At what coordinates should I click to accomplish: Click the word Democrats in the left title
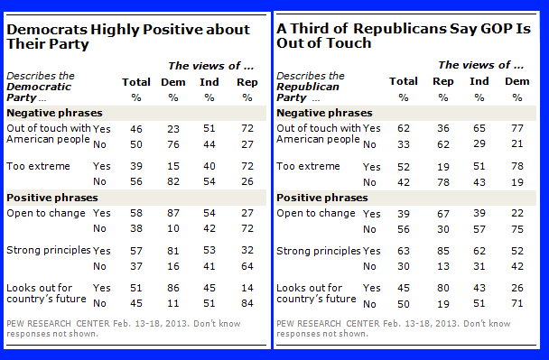(x=47, y=30)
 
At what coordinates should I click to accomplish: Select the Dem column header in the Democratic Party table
(x=173, y=82)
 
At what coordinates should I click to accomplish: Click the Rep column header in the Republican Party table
(x=443, y=82)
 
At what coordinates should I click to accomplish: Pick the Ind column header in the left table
(x=209, y=82)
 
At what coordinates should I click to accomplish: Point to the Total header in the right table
(x=404, y=81)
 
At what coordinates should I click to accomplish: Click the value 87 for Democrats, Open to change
(x=173, y=213)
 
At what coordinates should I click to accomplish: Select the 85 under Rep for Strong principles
(x=443, y=251)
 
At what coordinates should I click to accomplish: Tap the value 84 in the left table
(x=247, y=303)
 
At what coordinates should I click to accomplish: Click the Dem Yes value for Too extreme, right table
(x=516, y=166)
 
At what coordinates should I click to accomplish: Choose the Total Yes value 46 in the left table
(x=136, y=129)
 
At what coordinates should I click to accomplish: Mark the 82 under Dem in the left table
(x=173, y=181)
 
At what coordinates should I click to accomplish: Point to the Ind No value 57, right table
(x=479, y=229)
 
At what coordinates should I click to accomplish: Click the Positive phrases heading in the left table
(x=52, y=198)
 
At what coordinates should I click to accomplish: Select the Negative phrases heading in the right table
(x=324, y=113)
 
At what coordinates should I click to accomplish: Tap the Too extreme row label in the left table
(x=38, y=166)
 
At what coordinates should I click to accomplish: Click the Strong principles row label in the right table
(x=318, y=251)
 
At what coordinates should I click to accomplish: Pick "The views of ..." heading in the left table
(x=210, y=66)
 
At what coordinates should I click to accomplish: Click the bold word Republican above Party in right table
(x=308, y=87)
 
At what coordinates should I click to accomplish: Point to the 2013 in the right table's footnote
(x=446, y=324)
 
